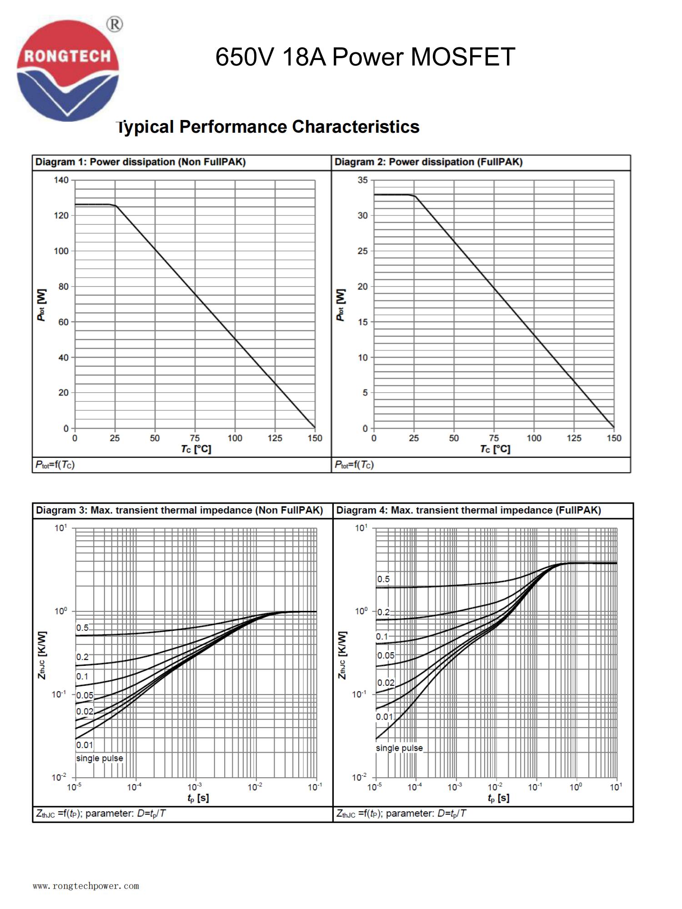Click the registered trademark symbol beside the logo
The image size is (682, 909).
[x=115, y=24]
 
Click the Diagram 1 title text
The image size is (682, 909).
[x=140, y=162]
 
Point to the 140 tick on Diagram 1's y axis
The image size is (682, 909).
[x=61, y=180]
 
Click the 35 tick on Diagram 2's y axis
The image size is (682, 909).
[x=362, y=180]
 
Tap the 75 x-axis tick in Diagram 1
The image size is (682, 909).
[x=195, y=438]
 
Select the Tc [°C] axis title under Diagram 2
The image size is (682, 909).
[x=495, y=449]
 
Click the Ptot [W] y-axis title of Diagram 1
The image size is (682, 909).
[x=41, y=305]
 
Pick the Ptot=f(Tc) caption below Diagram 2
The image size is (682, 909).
[x=354, y=464]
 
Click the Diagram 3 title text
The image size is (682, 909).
[x=179, y=510]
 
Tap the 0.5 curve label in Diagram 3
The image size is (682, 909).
[x=82, y=628]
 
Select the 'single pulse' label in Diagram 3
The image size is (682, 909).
[x=100, y=758]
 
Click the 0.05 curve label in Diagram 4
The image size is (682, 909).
[x=386, y=655]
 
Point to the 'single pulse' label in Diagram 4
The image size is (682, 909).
[x=399, y=748]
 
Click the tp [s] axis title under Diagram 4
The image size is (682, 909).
[x=498, y=798]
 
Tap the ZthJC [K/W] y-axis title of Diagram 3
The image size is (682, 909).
[x=41, y=655]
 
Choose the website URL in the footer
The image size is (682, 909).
[x=86, y=886]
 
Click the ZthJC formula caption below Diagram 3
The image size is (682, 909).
[x=101, y=813]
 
